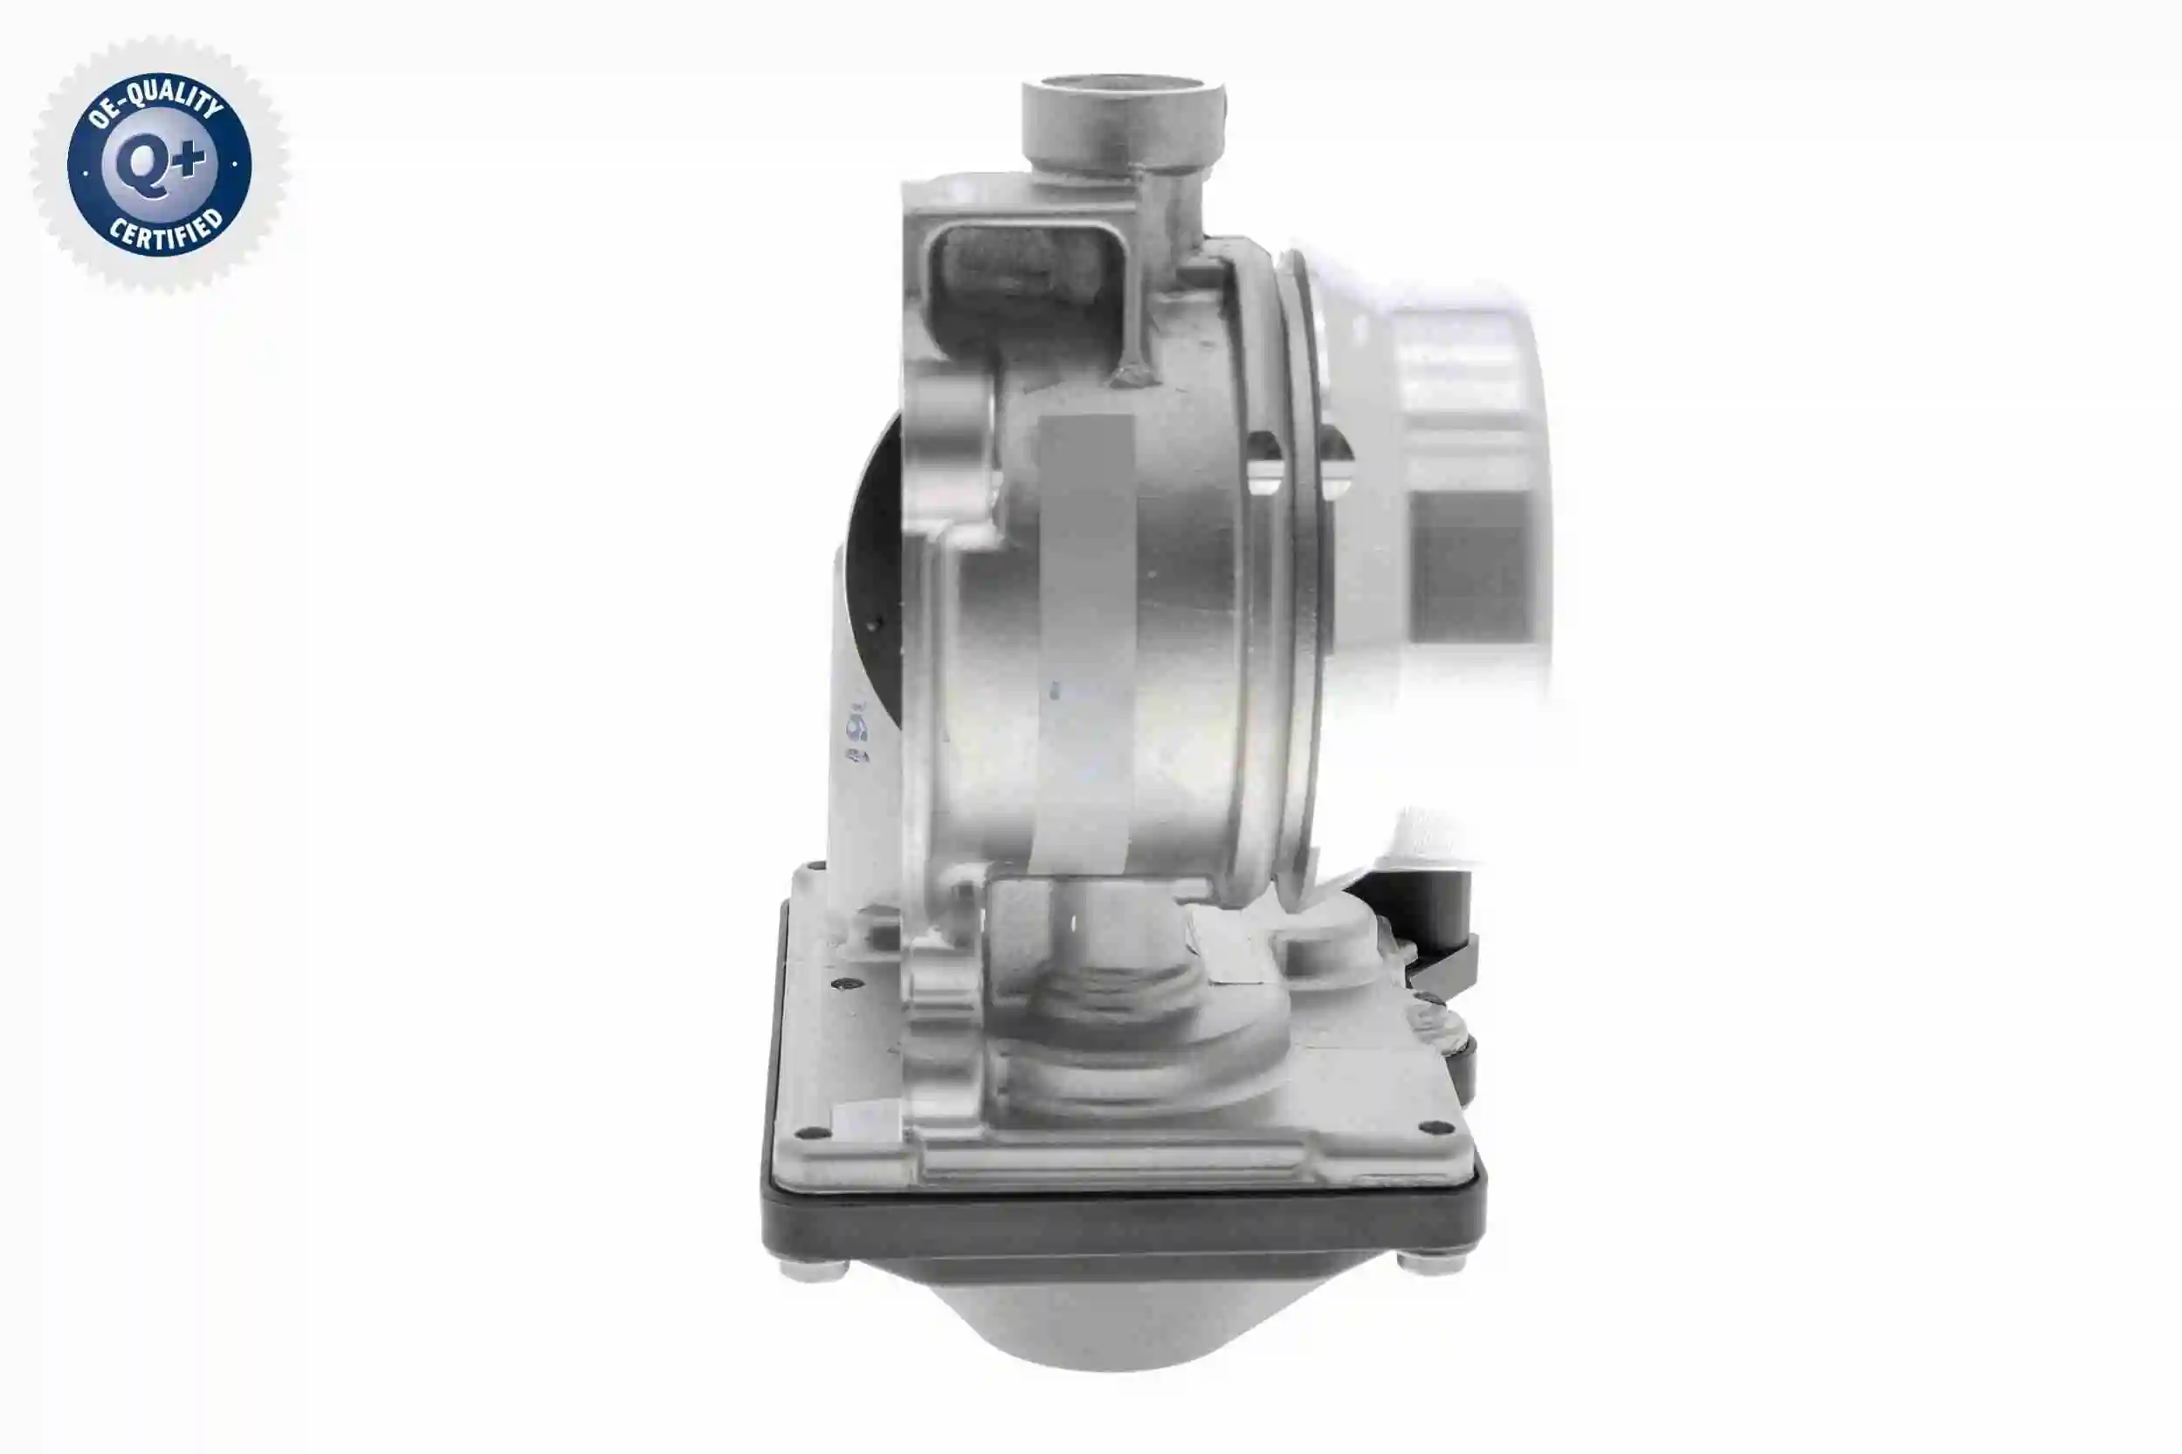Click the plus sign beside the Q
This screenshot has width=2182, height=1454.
point(189,160)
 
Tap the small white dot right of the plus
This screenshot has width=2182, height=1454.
point(234,165)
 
